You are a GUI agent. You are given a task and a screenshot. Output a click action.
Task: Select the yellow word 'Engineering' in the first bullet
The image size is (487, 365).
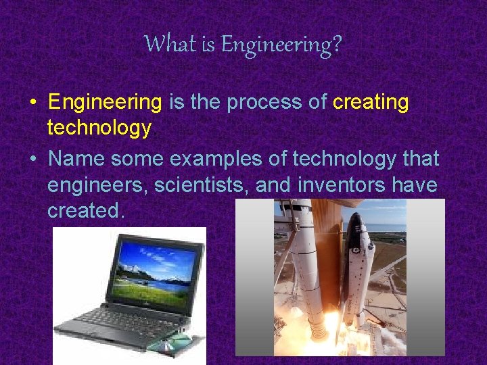[x=105, y=102]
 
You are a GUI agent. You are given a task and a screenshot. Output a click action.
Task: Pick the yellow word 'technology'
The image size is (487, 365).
[x=99, y=128]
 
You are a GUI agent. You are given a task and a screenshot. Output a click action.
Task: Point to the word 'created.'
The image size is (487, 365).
[x=86, y=210]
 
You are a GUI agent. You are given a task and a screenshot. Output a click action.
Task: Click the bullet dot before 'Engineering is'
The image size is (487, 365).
[x=33, y=103]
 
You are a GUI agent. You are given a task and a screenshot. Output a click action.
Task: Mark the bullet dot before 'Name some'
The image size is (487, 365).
[x=33, y=160]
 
